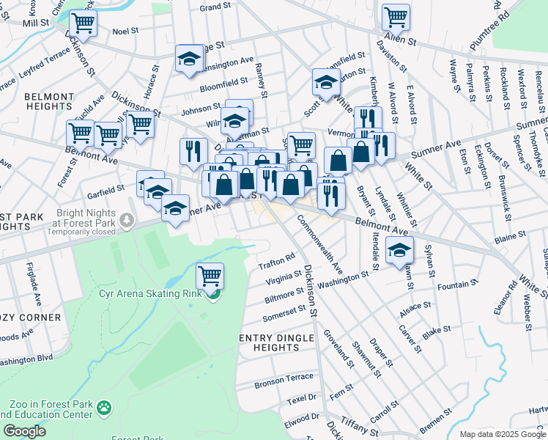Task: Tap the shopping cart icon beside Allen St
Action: click(396, 15)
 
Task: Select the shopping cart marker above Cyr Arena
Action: click(210, 276)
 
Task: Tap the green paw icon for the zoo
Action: click(105, 406)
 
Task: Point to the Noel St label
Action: click(125, 32)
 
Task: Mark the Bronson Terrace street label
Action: click(284, 382)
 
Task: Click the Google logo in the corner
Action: click(24, 431)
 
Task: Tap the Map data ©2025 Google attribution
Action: click(501, 434)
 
